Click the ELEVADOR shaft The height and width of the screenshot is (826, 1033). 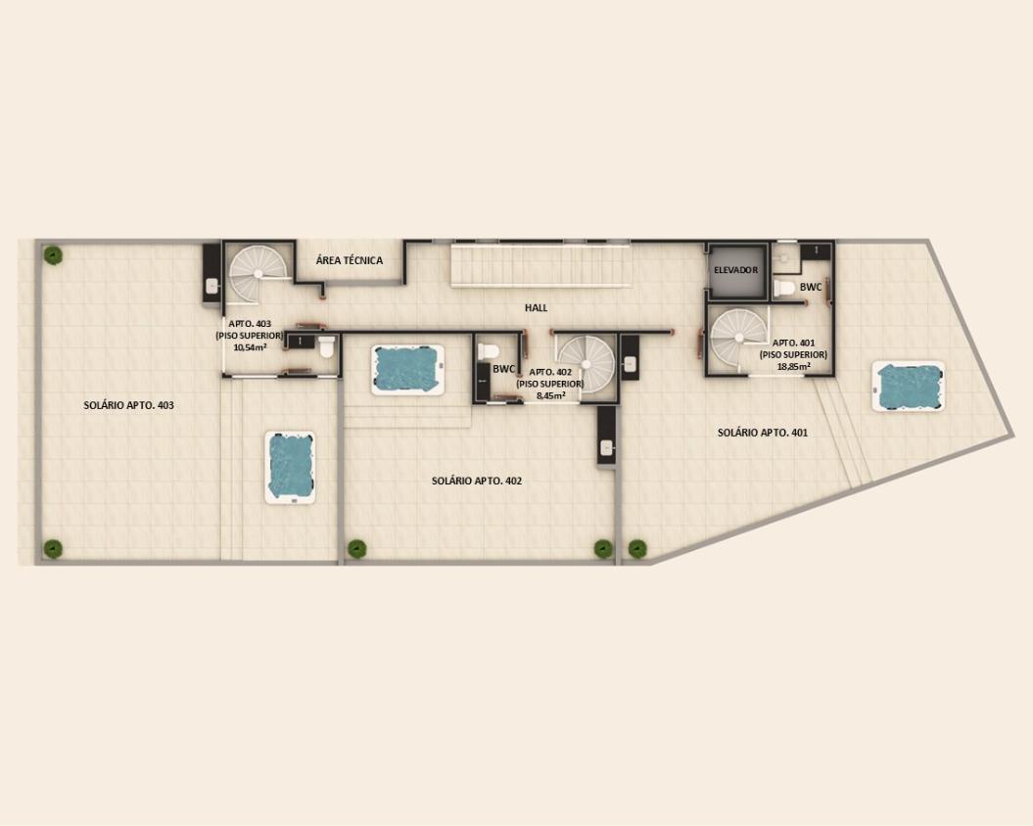pos(736,270)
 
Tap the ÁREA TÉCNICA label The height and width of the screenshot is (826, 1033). pos(350,260)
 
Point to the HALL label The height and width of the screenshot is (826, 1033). pos(537,307)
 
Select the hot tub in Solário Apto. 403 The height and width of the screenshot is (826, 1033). pos(290,467)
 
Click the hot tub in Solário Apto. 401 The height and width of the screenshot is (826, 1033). pos(909,386)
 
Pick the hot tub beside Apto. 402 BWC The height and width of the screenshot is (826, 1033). pos(407,370)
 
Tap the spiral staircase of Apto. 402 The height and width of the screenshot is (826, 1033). pos(587,364)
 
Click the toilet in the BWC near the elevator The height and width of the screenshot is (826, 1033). pos(784,288)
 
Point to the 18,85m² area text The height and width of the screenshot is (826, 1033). pos(793,366)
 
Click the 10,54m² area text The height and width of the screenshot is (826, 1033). pos(250,346)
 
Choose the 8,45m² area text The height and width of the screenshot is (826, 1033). pos(550,396)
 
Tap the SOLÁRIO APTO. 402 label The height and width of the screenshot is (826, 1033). pos(477,481)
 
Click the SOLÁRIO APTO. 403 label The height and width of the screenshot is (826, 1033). pos(128,405)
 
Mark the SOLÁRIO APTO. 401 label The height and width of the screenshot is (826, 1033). pos(762,433)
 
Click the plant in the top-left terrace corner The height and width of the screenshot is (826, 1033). pos(53,254)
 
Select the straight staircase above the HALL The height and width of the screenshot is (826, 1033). pos(540,265)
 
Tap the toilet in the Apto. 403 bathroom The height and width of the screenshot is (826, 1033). pos(327,346)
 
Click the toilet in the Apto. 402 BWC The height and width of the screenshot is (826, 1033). pos(489,351)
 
